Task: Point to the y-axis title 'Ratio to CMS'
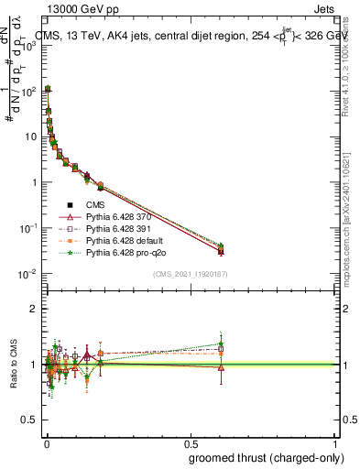(x=14, y=365)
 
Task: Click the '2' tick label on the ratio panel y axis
(x=34, y=309)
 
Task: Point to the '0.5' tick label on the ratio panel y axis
(x=29, y=420)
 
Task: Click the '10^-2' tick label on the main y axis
(x=27, y=274)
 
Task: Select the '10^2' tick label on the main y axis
(x=28, y=90)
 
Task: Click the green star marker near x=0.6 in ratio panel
(x=220, y=344)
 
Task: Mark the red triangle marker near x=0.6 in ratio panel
(x=220, y=367)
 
